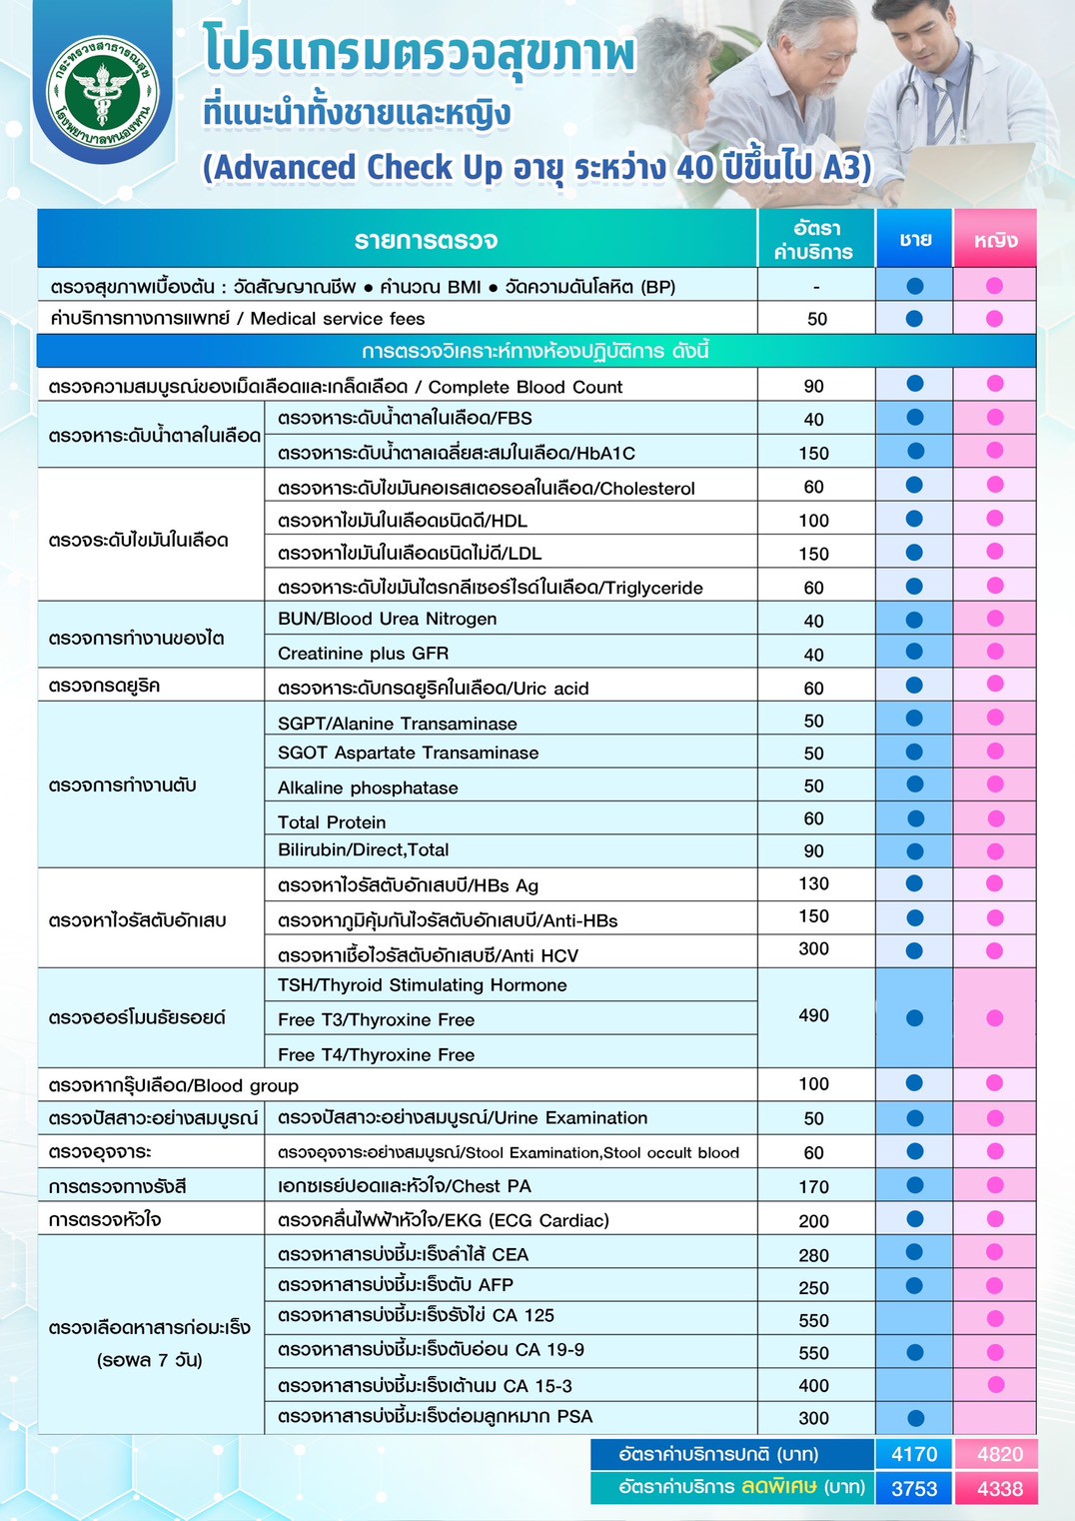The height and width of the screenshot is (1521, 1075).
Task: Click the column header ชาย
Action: (x=915, y=239)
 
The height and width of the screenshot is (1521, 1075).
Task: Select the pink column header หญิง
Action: (x=995, y=240)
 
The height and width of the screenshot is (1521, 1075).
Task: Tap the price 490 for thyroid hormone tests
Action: (x=813, y=1015)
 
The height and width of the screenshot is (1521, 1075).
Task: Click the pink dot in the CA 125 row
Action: (x=995, y=1319)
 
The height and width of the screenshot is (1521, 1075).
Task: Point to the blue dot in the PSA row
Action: (x=915, y=1417)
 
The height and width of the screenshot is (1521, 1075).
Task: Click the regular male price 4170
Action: (x=914, y=1454)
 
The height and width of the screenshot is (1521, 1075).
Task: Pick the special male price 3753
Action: (x=914, y=1488)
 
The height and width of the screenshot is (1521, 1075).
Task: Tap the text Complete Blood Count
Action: (x=526, y=387)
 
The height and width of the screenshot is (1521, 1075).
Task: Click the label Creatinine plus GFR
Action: (x=363, y=653)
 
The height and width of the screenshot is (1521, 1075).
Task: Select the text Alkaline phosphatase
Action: (x=368, y=787)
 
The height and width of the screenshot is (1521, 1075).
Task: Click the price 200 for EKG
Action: (x=813, y=1220)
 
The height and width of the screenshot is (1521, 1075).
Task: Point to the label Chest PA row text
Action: (x=404, y=1186)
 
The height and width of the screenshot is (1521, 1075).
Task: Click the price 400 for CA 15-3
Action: (x=813, y=1385)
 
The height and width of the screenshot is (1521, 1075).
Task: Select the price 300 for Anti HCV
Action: (x=813, y=948)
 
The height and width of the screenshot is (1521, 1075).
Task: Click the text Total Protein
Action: (x=332, y=821)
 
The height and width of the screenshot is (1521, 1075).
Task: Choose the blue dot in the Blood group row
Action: (x=914, y=1083)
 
